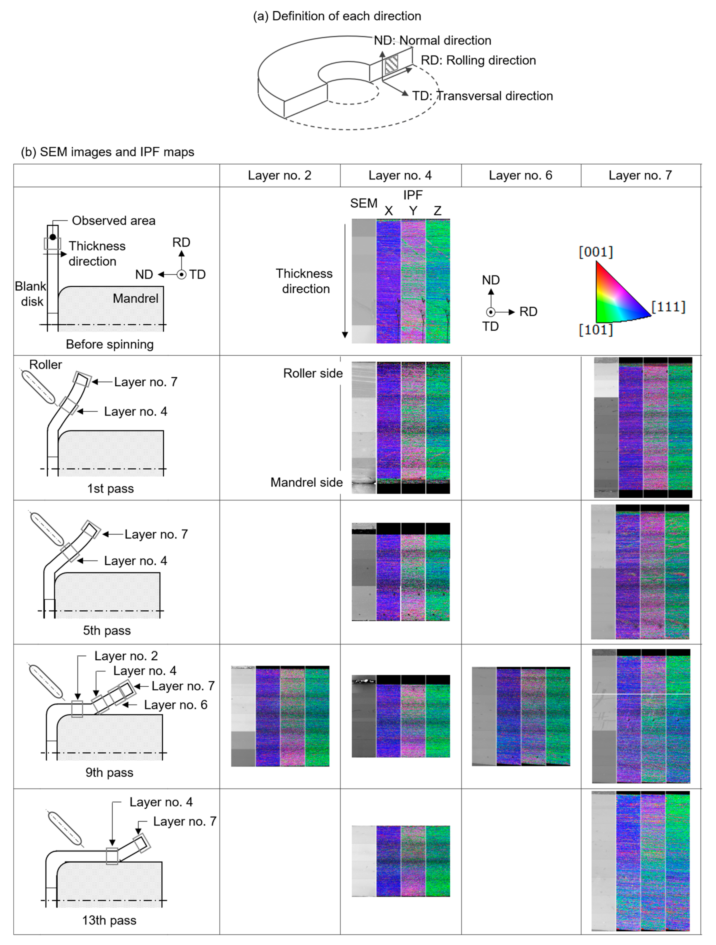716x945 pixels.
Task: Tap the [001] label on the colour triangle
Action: [x=596, y=252]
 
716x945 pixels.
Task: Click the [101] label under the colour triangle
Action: [x=596, y=330]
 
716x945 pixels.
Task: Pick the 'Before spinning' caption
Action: [x=110, y=344]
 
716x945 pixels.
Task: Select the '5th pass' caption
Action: [x=107, y=631]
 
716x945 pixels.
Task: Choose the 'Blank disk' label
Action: [x=31, y=294]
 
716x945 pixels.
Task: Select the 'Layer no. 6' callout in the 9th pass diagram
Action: [x=175, y=705]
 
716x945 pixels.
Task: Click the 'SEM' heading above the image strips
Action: [x=364, y=203]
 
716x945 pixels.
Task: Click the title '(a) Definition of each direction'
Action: [x=337, y=16]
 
